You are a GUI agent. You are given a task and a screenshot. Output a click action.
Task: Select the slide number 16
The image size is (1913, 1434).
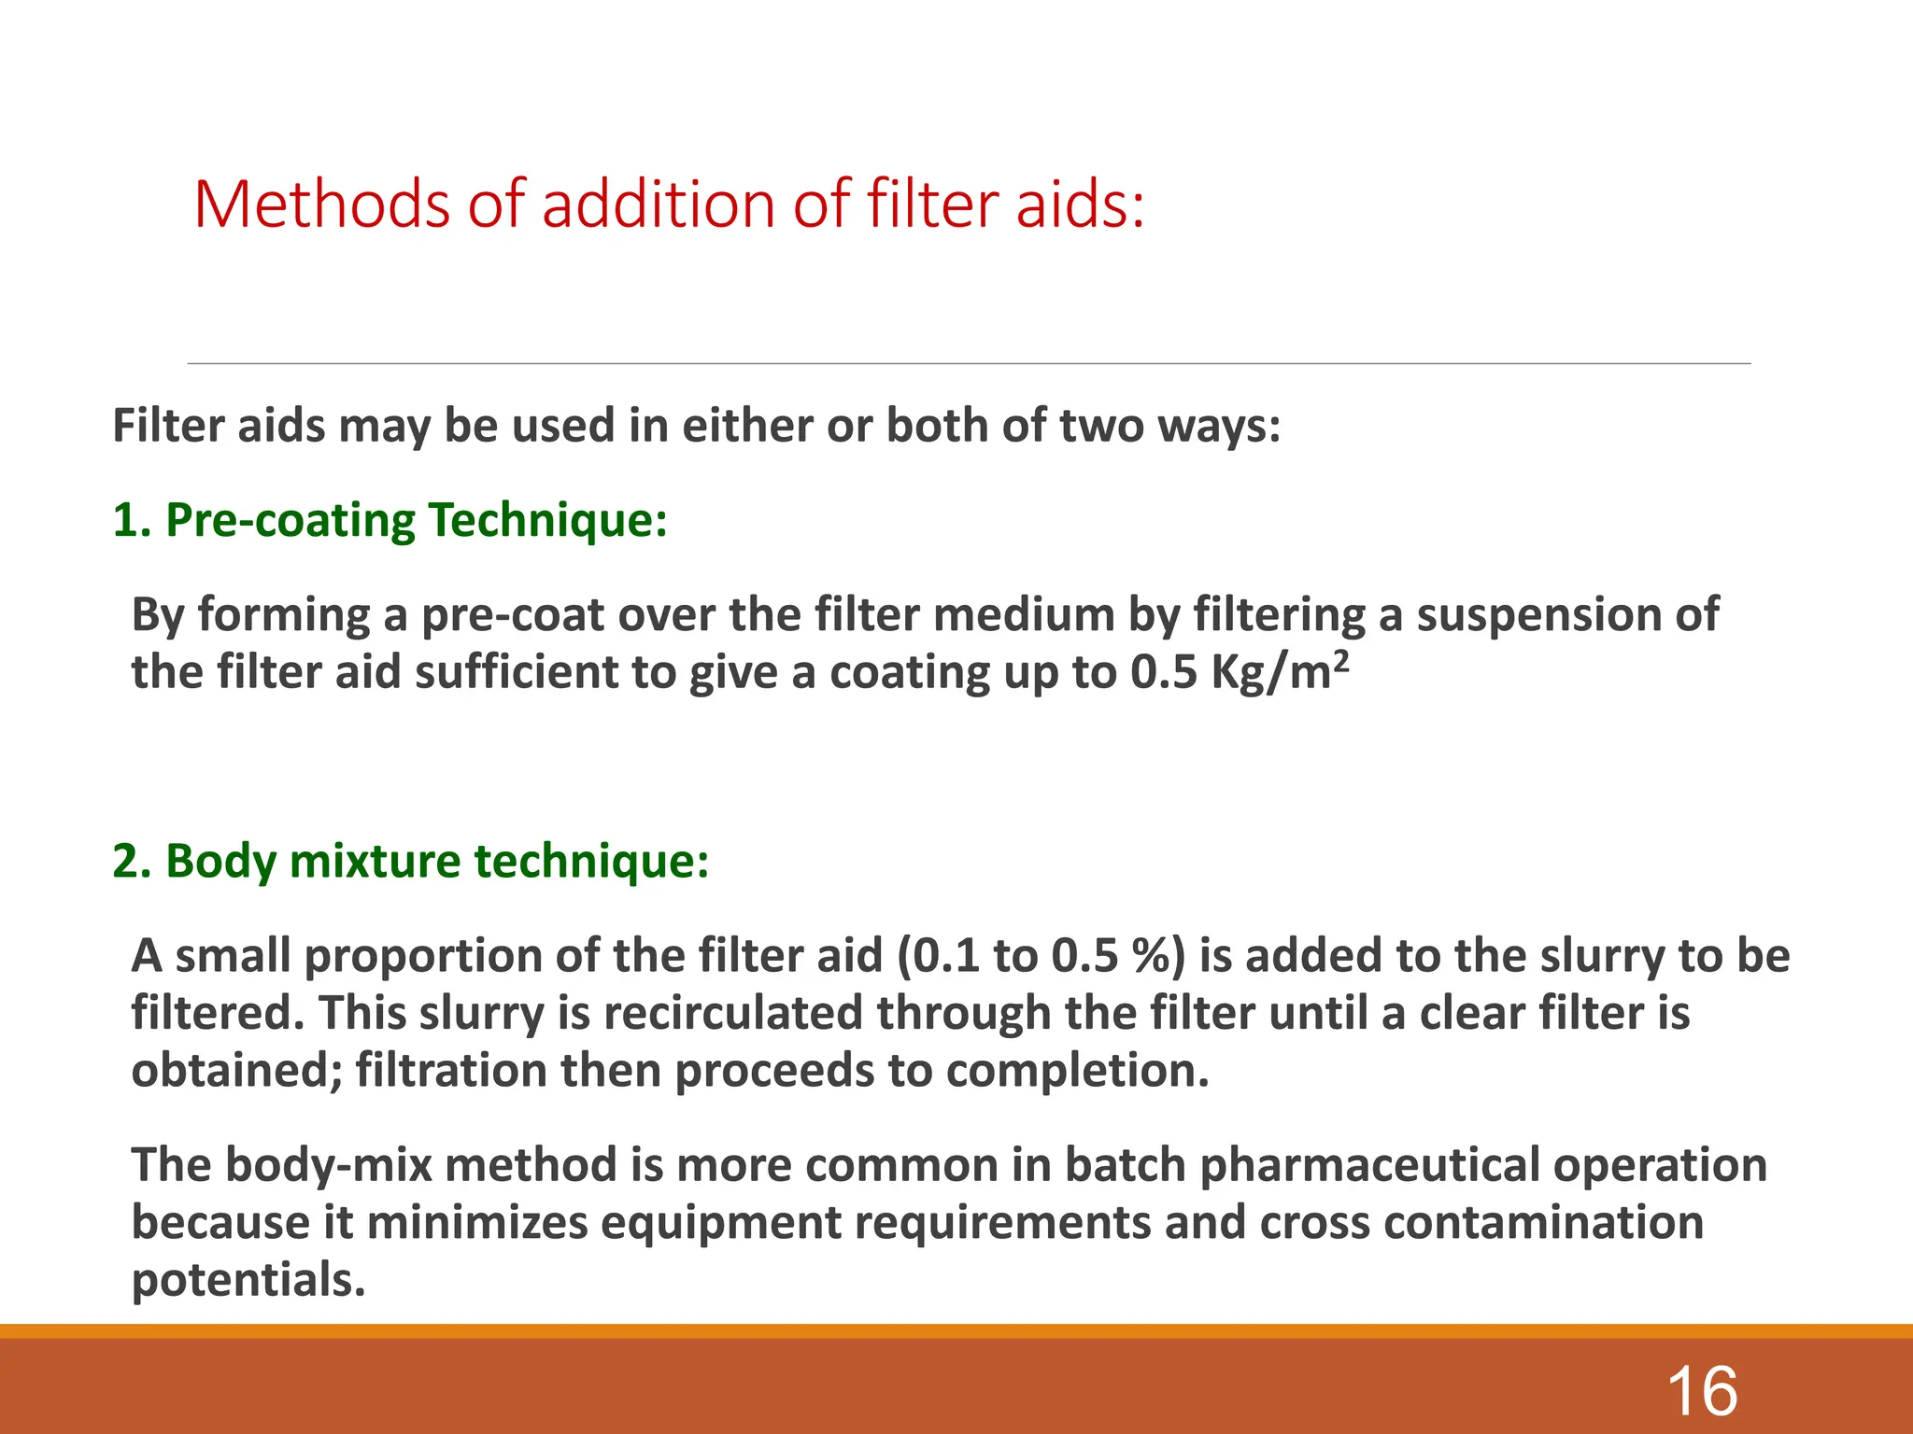(x=1702, y=1391)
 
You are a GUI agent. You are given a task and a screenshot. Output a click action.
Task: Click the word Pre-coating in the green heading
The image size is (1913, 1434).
(x=290, y=521)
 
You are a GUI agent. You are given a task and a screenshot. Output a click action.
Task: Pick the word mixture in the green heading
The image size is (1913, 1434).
(x=375, y=861)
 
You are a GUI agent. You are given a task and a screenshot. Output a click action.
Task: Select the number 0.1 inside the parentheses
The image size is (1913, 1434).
(x=944, y=956)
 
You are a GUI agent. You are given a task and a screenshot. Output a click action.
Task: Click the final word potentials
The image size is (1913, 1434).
(x=248, y=1281)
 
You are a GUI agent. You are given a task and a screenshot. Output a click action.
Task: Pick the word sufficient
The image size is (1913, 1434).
(x=515, y=672)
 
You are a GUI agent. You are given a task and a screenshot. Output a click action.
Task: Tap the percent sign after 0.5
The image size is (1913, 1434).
(x=1159, y=956)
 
